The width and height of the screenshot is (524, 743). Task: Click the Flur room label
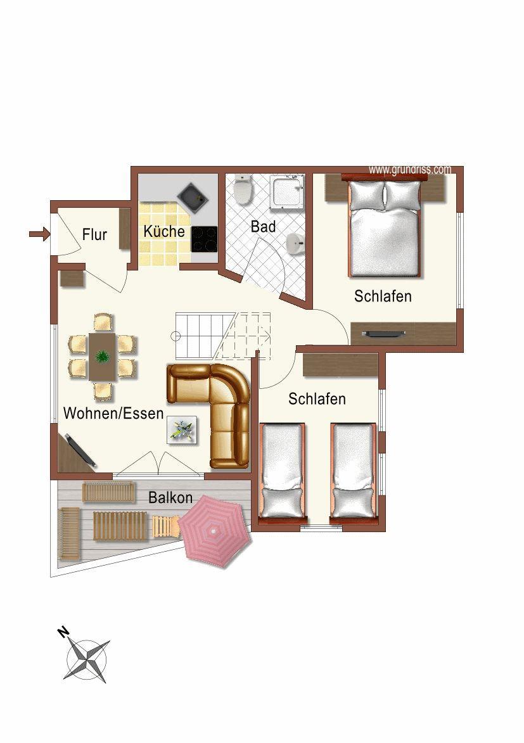tap(94, 234)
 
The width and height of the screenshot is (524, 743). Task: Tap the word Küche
tap(164, 231)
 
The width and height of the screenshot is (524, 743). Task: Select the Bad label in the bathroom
tap(263, 227)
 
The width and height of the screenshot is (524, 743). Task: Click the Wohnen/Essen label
tap(113, 413)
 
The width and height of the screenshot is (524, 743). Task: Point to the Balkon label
tap(170, 497)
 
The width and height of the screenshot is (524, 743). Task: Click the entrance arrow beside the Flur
tap(39, 234)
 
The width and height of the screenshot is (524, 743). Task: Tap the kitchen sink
tap(193, 196)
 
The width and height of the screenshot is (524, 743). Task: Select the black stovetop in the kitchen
tap(205, 239)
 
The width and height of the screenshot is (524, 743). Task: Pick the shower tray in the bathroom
tap(287, 192)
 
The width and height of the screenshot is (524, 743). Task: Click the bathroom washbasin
tap(295, 244)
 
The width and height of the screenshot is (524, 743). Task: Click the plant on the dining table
tap(102, 357)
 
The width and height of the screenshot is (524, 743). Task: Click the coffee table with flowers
tap(182, 430)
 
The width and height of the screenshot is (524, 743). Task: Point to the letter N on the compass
tap(63, 632)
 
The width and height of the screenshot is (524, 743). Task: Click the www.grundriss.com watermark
tap(410, 170)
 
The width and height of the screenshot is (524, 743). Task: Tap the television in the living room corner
tap(80, 450)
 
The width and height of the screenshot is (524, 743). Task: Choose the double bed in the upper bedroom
tap(385, 228)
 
